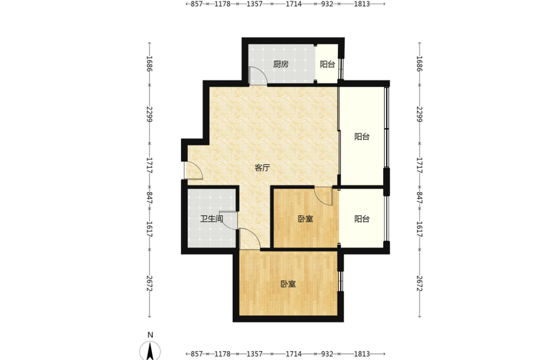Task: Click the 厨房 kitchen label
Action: click(x=281, y=64)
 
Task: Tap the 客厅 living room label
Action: click(x=262, y=168)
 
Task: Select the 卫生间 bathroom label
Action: click(x=212, y=219)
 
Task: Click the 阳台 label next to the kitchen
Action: click(x=327, y=64)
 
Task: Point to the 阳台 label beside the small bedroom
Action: click(x=362, y=219)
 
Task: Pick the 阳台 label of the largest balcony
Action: click(x=362, y=137)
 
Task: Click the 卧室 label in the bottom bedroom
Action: click(x=288, y=284)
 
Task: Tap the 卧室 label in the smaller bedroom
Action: click(x=305, y=219)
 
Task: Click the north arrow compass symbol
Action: click(x=150, y=351)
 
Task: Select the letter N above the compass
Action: click(x=150, y=335)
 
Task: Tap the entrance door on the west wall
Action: click(x=193, y=170)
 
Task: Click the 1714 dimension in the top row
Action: click(x=294, y=4)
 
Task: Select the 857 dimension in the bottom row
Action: click(x=197, y=354)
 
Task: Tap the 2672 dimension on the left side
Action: click(x=149, y=283)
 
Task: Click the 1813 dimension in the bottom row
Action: click(x=362, y=354)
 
